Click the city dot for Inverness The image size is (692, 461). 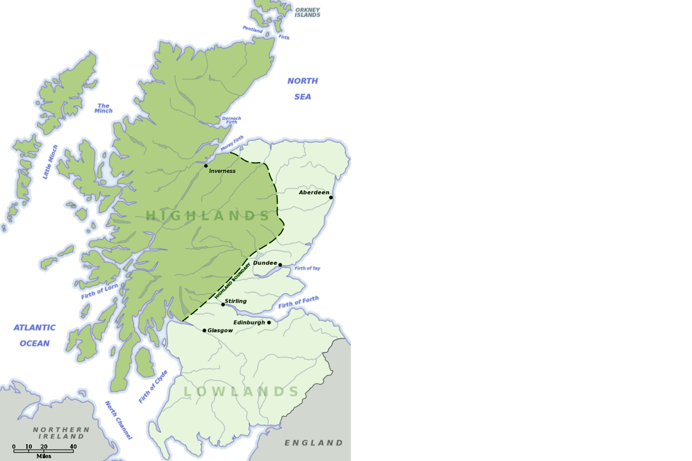206,166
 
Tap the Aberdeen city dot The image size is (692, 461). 331,197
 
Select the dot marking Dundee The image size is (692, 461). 280,265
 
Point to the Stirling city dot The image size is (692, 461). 223,304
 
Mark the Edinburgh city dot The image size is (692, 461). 269,322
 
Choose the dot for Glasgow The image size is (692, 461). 204,330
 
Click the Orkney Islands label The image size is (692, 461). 308,13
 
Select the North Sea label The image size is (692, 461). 303,88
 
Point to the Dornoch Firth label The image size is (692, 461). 231,120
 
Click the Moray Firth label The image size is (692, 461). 232,143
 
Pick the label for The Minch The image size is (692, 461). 103,108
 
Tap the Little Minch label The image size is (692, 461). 51,161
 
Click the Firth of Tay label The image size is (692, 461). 307,268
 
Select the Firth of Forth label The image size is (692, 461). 299,303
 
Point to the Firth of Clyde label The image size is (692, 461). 153,387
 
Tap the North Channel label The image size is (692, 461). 118,420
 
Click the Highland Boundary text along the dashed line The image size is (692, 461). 232,280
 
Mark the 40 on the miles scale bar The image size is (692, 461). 73,447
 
